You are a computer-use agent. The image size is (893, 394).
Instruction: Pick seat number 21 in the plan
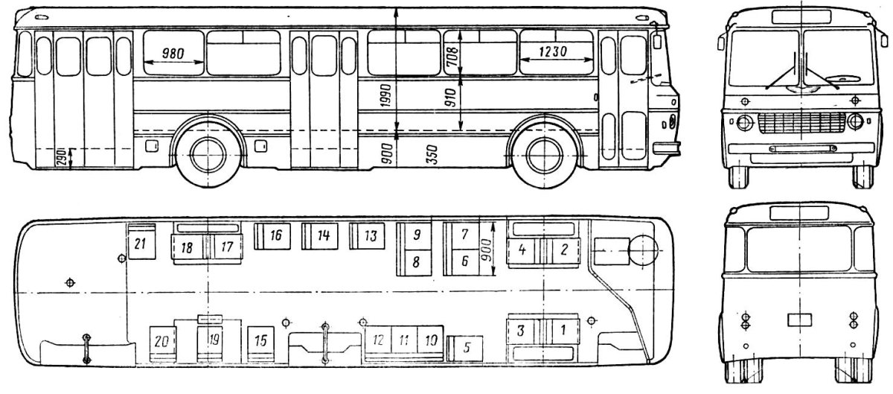tap(140, 243)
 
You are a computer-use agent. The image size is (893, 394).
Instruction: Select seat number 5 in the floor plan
tap(467, 346)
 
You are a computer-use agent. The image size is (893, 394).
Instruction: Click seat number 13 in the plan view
tap(368, 235)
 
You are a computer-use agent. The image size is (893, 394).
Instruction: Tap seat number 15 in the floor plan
tap(261, 340)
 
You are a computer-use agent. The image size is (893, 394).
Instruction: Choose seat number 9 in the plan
tap(417, 235)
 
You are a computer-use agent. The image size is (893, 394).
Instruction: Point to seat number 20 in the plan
tap(160, 341)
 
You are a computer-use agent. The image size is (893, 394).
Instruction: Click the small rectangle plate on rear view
tap(799, 320)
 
